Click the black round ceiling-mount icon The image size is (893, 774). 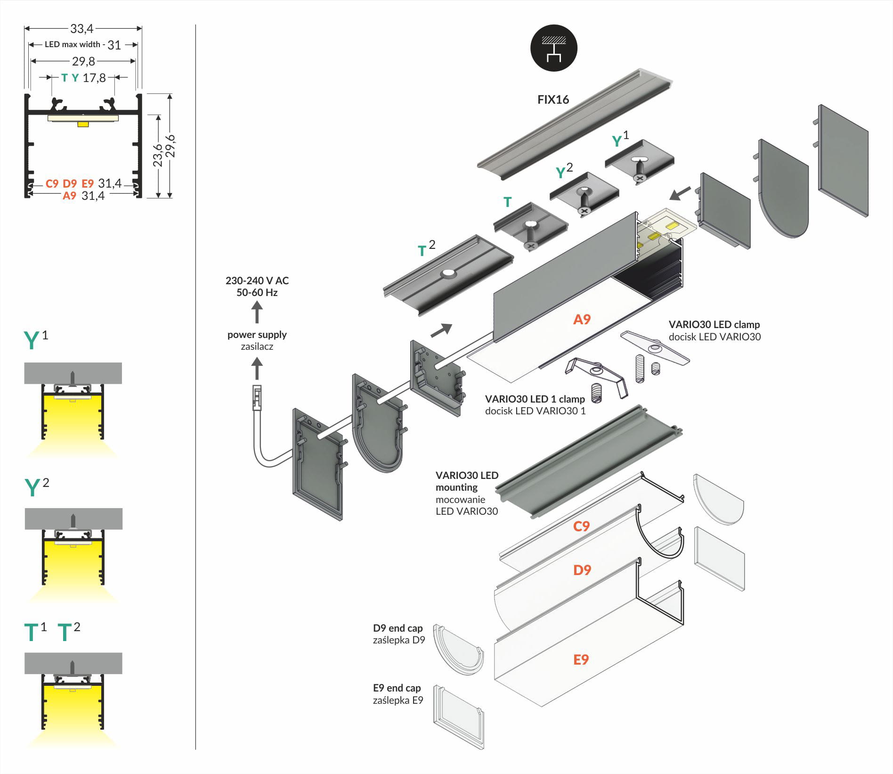(553, 49)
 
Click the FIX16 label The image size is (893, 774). (553, 99)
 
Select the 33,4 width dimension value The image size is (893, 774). (82, 29)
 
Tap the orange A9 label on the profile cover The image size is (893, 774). (582, 320)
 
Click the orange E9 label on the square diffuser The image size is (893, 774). (581, 659)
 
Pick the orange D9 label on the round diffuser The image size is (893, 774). (582, 570)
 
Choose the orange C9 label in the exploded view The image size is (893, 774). (581, 526)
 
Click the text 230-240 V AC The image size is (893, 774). (257, 280)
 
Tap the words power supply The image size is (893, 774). (257, 335)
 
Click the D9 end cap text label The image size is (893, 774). (398, 628)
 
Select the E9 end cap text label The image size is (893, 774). (397, 688)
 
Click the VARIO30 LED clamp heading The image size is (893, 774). (714, 324)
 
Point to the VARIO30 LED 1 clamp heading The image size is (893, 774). (535, 399)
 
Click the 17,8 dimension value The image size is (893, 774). (94, 78)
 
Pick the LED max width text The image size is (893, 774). (73, 44)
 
